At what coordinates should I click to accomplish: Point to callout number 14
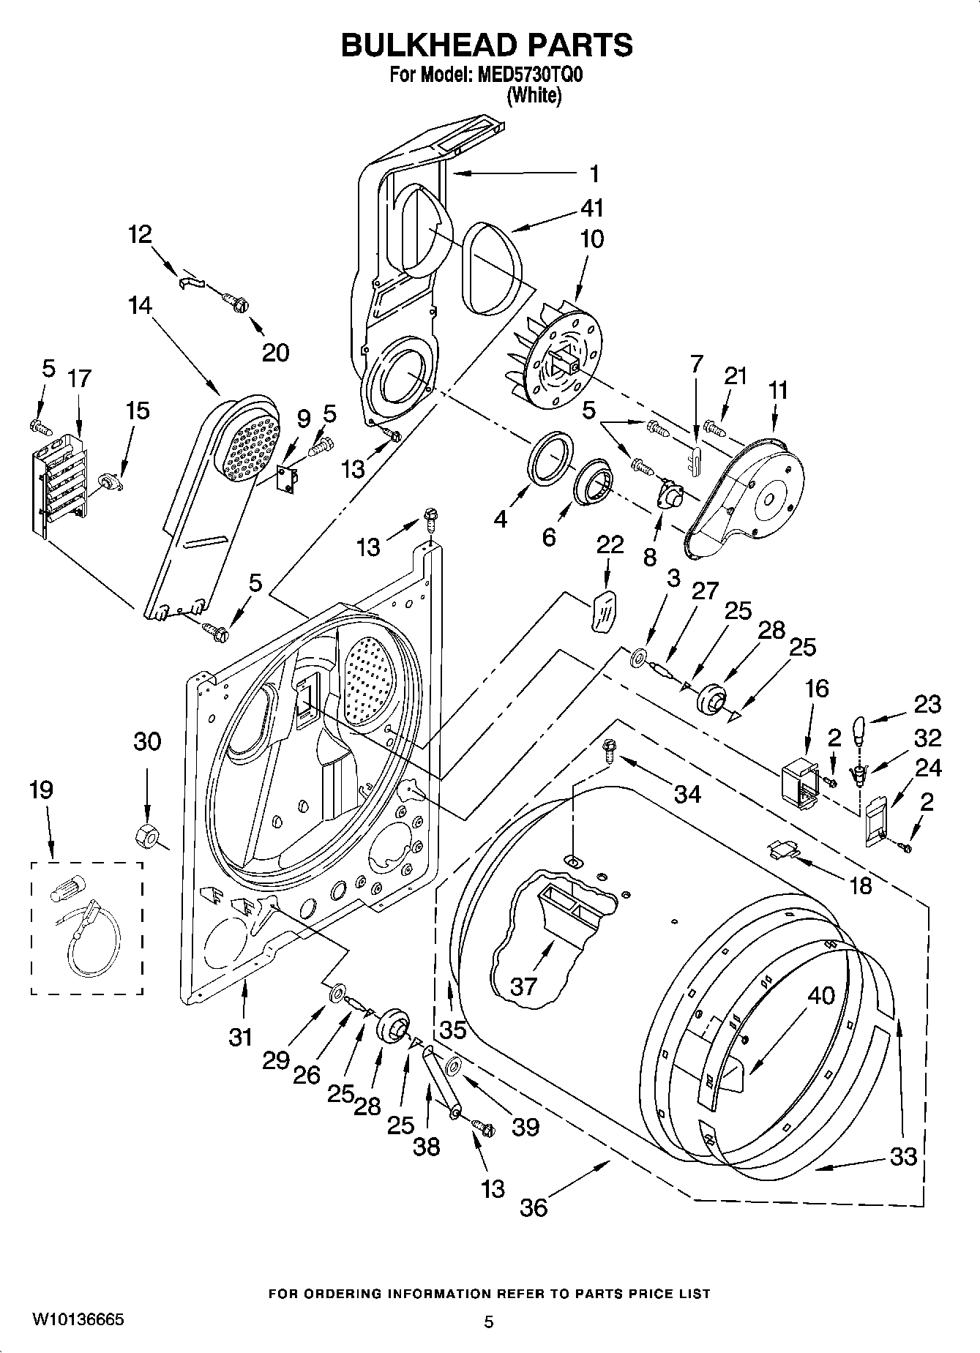coord(139,305)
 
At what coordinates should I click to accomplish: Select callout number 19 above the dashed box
coord(42,790)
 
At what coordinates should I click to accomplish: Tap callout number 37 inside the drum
coord(524,986)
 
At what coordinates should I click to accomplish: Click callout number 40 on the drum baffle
coord(821,995)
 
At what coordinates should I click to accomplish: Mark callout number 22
coord(610,544)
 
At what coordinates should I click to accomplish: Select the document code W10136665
coord(78,1319)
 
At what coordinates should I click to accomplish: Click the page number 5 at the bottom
coord(489,1322)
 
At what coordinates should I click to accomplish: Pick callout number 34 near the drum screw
coord(687,793)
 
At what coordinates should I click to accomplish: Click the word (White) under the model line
coord(534,95)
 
